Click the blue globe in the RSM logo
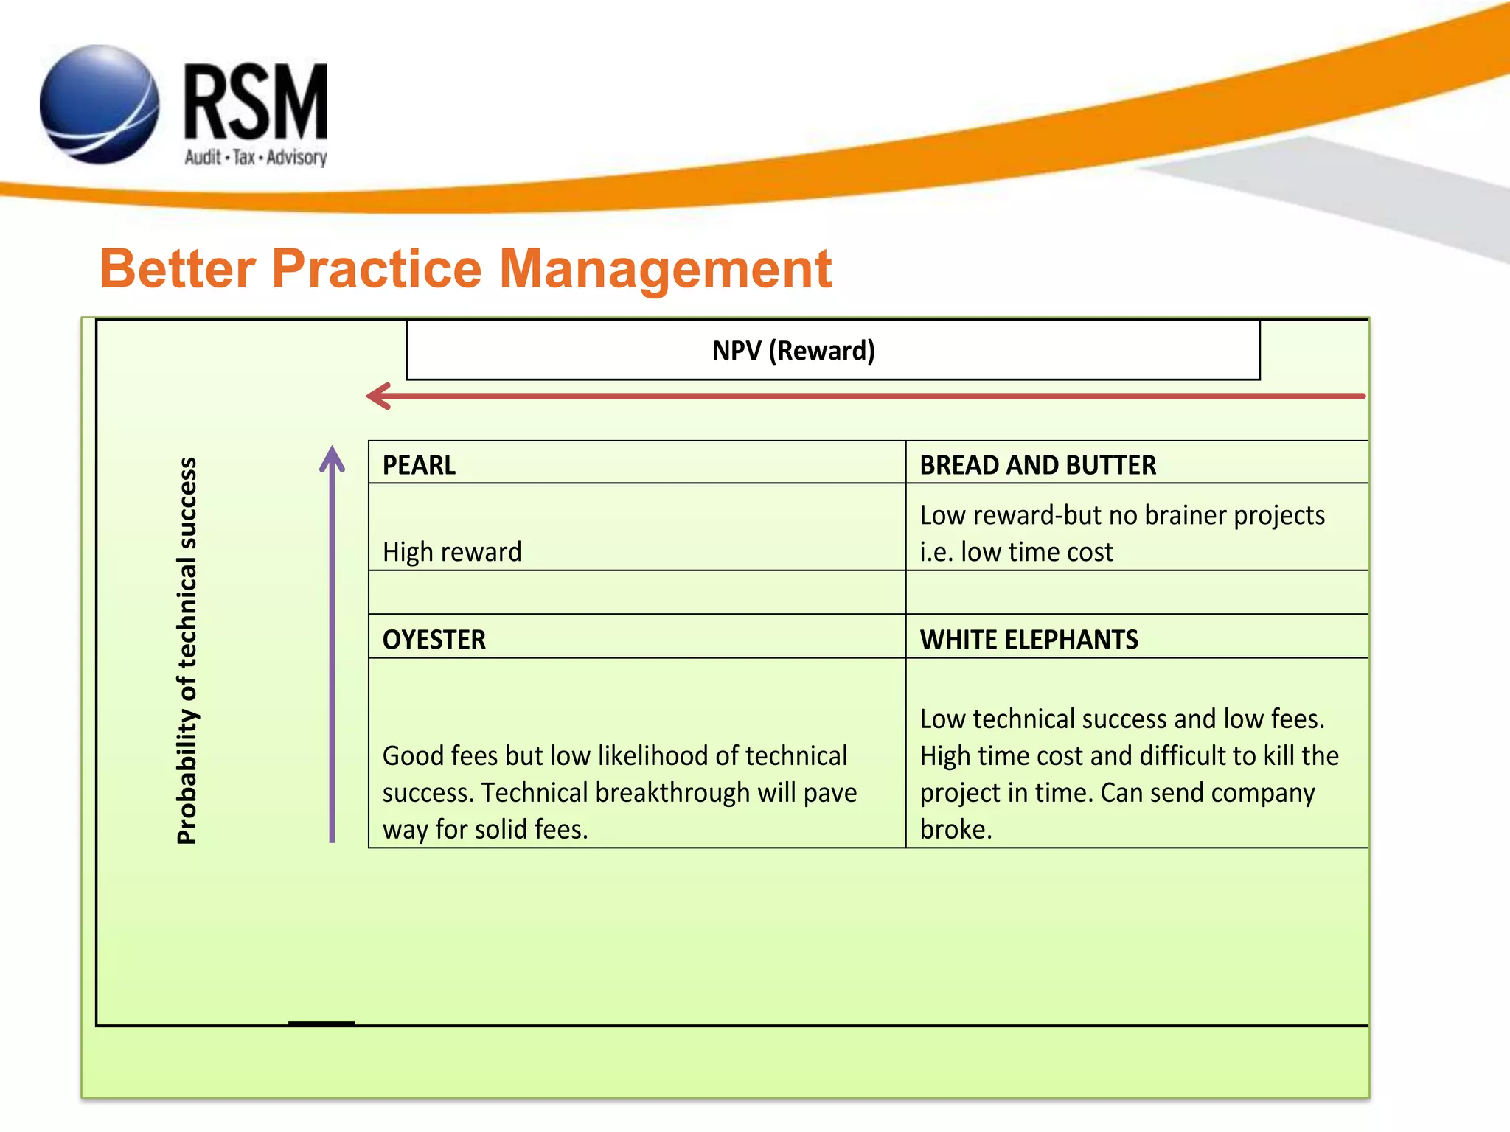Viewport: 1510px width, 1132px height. pos(100,105)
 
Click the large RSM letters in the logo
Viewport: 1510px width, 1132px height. pos(255,102)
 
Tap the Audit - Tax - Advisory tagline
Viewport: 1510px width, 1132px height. pos(255,157)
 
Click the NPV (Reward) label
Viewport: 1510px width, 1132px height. pos(793,351)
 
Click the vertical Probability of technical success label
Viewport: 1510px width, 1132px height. pos(187,650)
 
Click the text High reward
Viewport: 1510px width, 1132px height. pos(452,552)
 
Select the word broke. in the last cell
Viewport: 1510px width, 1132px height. pos(956,829)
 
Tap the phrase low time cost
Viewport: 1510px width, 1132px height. pos(1037,552)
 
